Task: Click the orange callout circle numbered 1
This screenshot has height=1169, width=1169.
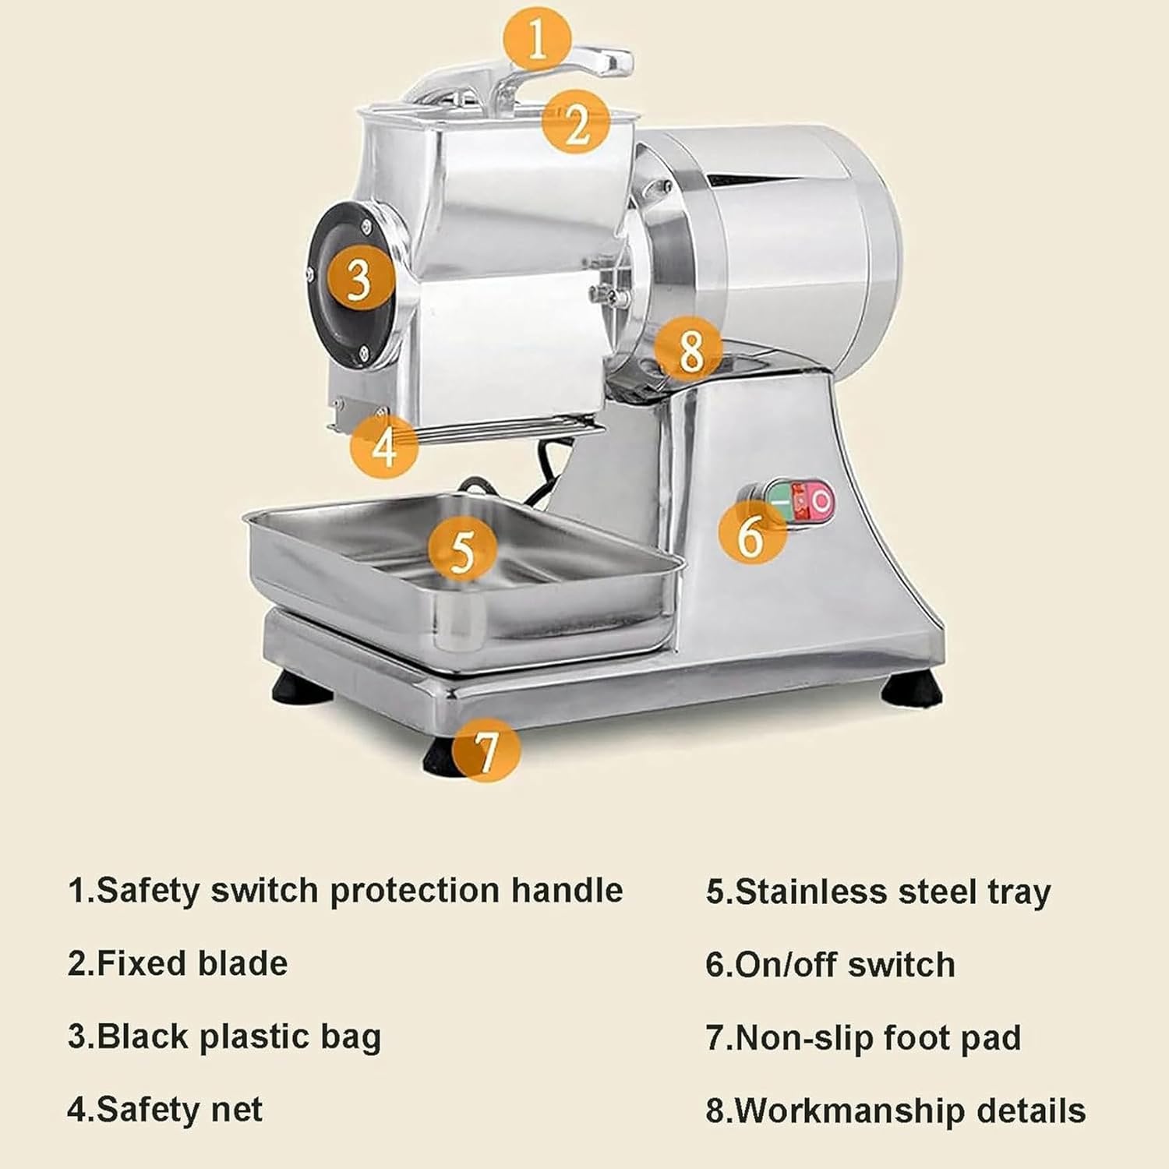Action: (x=537, y=39)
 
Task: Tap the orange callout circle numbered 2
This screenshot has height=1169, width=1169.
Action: (x=576, y=122)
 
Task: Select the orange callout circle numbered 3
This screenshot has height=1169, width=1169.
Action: (x=358, y=277)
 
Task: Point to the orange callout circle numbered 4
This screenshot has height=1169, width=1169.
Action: (x=383, y=447)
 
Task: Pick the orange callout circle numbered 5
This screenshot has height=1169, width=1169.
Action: (x=462, y=549)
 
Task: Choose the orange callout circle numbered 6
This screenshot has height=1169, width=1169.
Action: (x=751, y=534)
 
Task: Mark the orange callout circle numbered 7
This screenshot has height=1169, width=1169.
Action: (x=486, y=749)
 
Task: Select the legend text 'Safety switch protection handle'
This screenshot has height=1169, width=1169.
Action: (x=345, y=891)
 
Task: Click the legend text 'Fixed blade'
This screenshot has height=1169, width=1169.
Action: (x=178, y=964)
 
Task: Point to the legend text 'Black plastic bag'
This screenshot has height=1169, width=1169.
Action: (x=224, y=1037)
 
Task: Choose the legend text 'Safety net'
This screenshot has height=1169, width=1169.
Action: (x=165, y=1110)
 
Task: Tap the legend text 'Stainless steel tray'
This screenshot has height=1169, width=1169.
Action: (x=878, y=892)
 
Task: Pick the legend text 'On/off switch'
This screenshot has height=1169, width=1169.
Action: (x=830, y=965)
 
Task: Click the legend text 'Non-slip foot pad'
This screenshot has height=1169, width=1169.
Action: (x=864, y=1038)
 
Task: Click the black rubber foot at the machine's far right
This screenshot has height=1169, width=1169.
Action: (x=912, y=690)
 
